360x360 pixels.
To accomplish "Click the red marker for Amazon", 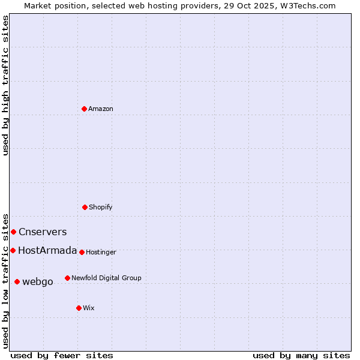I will (x=84, y=109).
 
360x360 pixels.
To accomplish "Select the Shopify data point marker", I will (x=85, y=207).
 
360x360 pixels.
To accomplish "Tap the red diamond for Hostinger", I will (x=82, y=252).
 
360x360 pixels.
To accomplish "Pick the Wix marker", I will (x=79, y=308).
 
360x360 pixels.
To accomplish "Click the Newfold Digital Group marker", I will (x=67, y=278).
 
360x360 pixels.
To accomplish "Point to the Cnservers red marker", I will (x=13, y=232).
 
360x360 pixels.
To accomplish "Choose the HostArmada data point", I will (x=13, y=250).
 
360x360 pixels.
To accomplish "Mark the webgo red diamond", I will (x=17, y=281).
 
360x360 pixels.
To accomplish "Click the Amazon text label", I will (x=101, y=109).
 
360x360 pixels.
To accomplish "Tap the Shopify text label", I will (x=101, y=207).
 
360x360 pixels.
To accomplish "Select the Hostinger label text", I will (x=101, y=252).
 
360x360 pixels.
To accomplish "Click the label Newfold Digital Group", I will (x=106, y=278).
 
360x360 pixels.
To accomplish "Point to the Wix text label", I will (x=89, y=308).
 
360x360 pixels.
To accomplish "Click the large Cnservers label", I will (x=43, y=232).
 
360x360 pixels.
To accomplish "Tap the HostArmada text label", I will (x=47, y=250).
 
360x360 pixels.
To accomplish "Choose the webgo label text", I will (x=38, y=281).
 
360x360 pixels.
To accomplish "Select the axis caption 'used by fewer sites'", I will (x=62, y=355).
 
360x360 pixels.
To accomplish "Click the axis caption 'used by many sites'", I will (x=301, y=355).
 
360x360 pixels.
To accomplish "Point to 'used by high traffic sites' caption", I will (x=5, y=85).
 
